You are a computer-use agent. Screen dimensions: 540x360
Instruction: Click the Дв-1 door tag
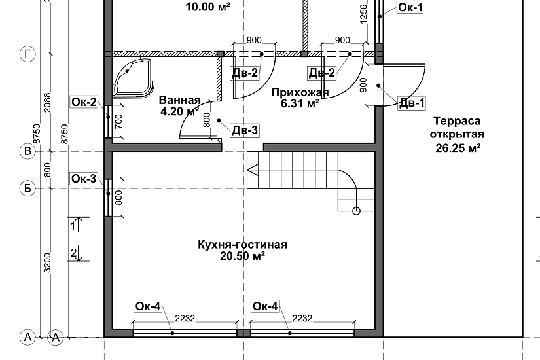(x=412, y=103)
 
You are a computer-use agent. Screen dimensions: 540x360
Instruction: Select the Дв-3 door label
(x=245, y=130)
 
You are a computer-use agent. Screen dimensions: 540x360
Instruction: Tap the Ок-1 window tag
(x=410, y=7)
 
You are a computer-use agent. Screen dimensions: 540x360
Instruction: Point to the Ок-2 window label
(x=84, y=102)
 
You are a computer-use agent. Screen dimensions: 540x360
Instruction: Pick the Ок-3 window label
(x=84, y=179)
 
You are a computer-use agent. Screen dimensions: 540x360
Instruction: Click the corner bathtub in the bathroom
(x=133, y=77)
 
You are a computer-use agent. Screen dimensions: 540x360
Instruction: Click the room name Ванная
(x=180, y=100)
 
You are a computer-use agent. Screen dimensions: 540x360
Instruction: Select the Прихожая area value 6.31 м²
(x=300, y=103)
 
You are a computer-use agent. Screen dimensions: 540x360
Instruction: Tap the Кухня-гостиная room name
(x=242, y=245)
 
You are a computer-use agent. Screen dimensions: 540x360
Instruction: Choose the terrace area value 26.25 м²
(x=458, y=148)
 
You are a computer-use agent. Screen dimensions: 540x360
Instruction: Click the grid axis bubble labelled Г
(x=27, y=54)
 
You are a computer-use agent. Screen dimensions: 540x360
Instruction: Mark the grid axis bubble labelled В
(x=27, y=152)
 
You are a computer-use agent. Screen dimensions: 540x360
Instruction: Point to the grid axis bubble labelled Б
(x=27, y=189)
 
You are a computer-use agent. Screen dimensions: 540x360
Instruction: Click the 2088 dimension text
(x=47, y=102)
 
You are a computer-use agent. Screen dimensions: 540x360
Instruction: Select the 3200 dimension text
(x=47, y=262)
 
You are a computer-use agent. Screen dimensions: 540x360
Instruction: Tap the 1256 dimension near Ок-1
(x=363, y=14)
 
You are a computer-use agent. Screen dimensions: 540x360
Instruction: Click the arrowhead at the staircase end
(x=253, y=170)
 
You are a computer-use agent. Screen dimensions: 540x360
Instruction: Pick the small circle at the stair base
(x=357, y=211)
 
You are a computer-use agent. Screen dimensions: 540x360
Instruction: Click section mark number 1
(x=73, y=226)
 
